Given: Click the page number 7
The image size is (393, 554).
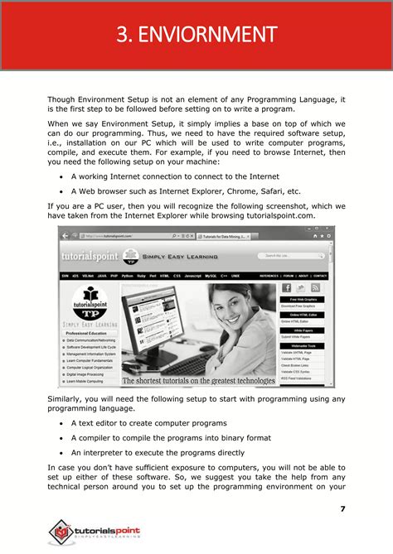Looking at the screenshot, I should pyautogui.click(x=342, y=507).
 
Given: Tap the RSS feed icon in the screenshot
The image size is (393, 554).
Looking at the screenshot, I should pyautogui.click(x=315, y=287).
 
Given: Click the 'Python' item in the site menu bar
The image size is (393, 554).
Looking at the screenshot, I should pyautogui.click(x=128, y=276).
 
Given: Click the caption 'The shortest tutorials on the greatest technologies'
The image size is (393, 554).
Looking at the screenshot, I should pyautogui.click(x=198, y=382).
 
